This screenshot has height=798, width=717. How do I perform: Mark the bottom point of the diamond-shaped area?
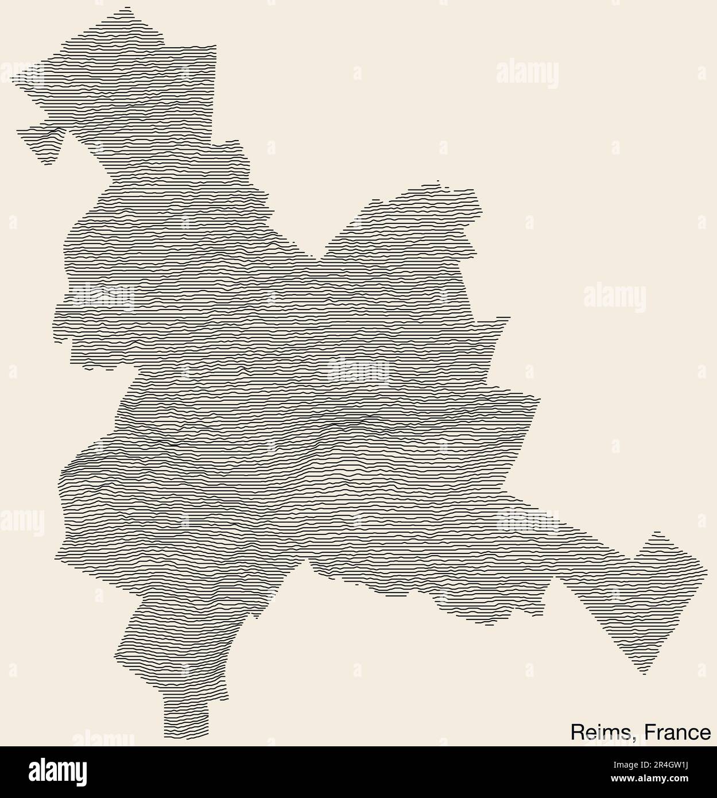[644, 673]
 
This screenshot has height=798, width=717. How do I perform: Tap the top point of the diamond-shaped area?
[657, 532]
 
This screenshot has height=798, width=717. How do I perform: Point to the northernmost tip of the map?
[127, 7]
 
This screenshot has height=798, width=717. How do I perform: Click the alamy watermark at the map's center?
[358, 370]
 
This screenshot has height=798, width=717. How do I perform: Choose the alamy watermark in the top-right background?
[526, 75]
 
